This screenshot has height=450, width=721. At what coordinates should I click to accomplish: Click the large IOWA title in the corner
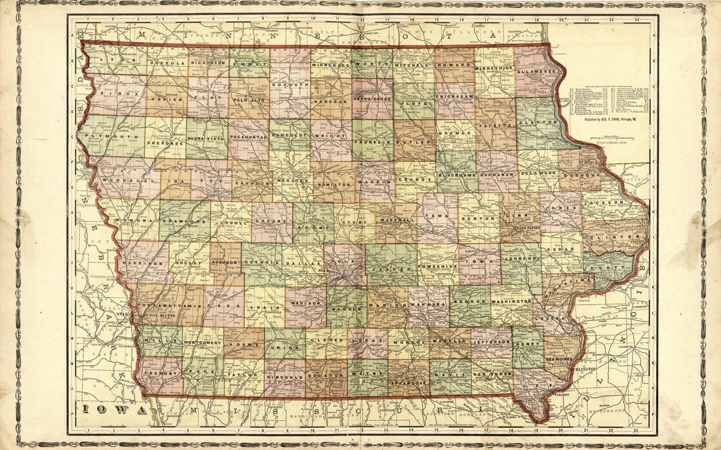(x=115, y=411)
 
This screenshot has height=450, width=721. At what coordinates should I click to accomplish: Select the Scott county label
(x=610, y=267)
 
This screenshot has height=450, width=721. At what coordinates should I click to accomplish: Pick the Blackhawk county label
(x=456, y=175)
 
